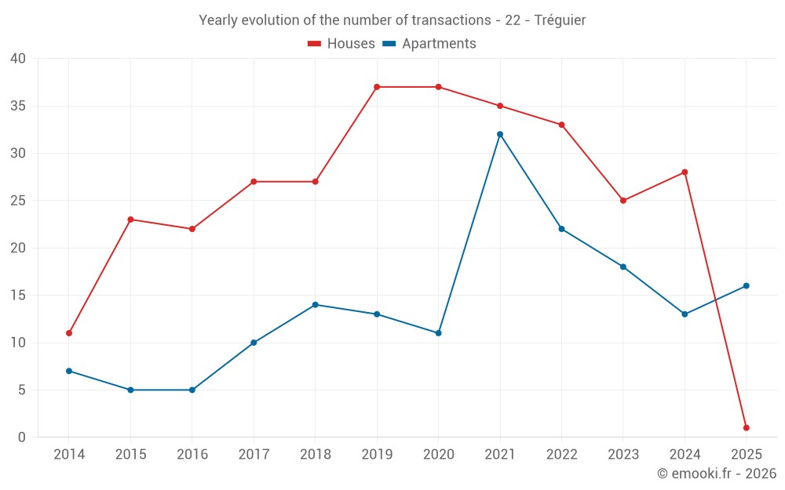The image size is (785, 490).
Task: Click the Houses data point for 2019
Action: pos(377,87)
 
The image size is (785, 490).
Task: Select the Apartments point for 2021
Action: pos(500,134)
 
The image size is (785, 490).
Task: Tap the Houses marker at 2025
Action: pos(746,428)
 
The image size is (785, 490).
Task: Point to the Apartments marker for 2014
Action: pos(69,371)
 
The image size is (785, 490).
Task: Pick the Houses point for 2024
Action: pos(685,172)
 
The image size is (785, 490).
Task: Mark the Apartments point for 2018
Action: pos(315,304)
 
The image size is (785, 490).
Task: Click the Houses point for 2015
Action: pos(130,220)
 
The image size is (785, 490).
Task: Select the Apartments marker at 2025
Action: pos(746,285)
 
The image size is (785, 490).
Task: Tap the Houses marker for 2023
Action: pos(623,201)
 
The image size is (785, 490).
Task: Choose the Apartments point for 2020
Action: pos(438,333)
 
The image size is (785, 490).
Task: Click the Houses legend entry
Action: pos(341,44)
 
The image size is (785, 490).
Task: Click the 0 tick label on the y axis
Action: pos(22,437)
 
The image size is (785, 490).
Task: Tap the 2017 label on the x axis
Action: pos(254,455)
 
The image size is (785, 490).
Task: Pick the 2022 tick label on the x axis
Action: pos(561,455)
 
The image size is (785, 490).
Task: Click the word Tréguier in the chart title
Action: pos(560,20)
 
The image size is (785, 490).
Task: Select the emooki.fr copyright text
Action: pos(717,474)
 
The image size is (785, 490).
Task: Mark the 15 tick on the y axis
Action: pos(17,296)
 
